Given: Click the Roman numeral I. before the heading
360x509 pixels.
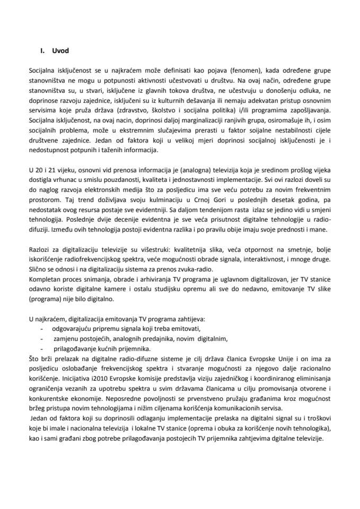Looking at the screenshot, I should point(42,51).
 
